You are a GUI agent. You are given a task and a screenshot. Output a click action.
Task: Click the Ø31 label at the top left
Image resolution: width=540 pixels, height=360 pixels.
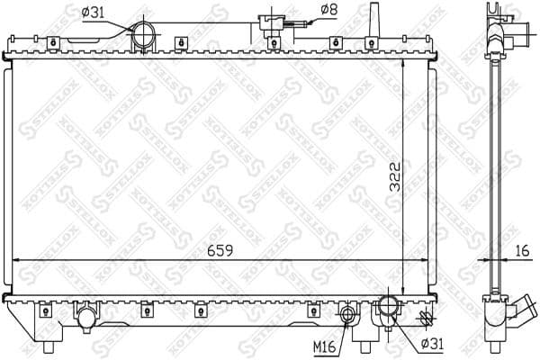[94, 12]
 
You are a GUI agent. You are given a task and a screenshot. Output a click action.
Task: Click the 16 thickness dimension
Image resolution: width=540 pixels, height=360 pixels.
[523, 251]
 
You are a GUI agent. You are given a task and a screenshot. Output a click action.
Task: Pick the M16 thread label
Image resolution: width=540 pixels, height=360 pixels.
[327, 344]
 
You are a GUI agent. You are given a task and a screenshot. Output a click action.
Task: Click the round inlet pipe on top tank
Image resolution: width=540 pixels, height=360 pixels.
[144, 37]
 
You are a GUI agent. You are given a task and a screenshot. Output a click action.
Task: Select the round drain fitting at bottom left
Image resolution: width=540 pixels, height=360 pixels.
[85, 318]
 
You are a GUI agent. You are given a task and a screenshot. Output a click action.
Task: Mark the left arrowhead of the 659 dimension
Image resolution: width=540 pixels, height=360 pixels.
[16, 261]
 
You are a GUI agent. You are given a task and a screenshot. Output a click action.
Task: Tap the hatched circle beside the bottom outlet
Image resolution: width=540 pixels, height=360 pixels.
[425, 318]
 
